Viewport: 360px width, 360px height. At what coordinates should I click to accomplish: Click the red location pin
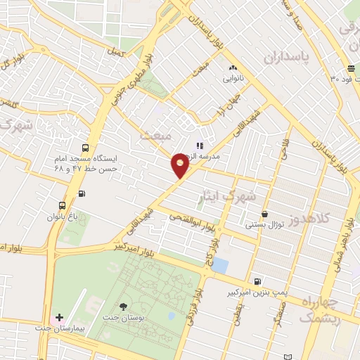[x=180, y=165]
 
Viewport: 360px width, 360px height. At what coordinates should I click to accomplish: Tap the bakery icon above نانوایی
[x=232, y=68]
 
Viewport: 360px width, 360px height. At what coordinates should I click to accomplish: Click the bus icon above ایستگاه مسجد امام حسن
[x=85, y=148]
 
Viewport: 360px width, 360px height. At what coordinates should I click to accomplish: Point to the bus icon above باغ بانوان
[x=63, y=205]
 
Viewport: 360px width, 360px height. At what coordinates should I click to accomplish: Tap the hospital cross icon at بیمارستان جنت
[x=60, y=319]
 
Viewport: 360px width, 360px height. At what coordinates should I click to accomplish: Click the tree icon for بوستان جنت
[x=124, y=306]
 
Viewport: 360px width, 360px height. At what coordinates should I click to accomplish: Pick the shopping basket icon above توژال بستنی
[x=264, y=214]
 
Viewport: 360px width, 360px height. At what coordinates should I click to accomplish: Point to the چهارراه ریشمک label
[x=321, y=309]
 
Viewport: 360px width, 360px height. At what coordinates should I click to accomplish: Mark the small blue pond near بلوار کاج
[x=220, y=266]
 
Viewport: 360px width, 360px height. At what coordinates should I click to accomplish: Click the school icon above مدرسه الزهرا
[x=199, y=145]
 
